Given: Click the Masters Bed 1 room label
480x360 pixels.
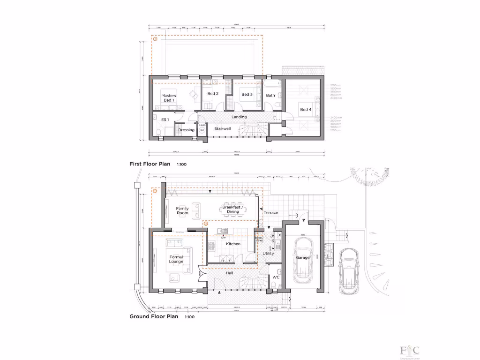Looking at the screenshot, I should tap(169, 98).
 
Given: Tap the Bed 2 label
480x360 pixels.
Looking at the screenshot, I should tap(213, 94).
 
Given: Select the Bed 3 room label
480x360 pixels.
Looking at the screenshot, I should tap(247, 94).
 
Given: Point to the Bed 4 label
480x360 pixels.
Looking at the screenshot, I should tap(305, 110).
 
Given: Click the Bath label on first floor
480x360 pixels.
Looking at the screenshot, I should tap(270, 96).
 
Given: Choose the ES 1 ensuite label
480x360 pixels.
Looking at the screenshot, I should tap(165, 120).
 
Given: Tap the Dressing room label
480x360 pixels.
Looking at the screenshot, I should tap(186, 130).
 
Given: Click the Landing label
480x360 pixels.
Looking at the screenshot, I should tap(239, 117).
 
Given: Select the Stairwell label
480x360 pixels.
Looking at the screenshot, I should tap(222, 128).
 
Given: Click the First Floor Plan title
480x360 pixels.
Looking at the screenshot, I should tap(150, 164).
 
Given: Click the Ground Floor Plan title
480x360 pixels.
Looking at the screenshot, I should tap(154, 316).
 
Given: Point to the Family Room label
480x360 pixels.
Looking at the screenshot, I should tap(182, 210).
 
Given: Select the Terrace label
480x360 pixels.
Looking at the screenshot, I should tap(271, 213).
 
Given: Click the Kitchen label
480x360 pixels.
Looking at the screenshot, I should tap(233, 244).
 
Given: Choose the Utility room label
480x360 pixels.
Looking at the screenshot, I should tap(268, 254).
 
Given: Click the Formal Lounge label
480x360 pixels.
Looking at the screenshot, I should tap(176, 259).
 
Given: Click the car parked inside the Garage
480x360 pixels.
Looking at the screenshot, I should tap(303, 258).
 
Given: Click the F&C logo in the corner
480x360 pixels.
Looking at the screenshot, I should tap(409, 351).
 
